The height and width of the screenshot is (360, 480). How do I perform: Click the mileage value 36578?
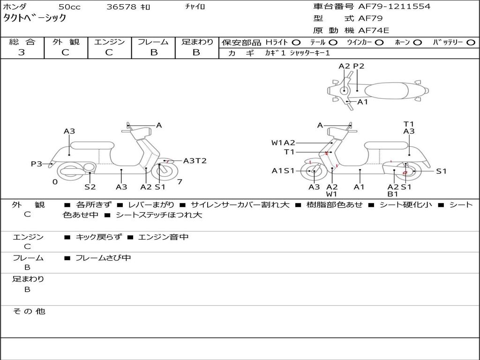(121, 7)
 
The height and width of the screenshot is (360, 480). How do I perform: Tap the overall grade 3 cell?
(22, 52)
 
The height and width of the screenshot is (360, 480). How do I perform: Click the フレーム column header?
(153, 42)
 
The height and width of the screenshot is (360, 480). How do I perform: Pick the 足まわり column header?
(197, 42)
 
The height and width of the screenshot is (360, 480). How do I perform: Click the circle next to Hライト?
(296, 42)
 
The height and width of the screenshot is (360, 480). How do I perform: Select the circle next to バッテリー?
(471, 42)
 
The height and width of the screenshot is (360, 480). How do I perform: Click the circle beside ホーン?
(417, 42)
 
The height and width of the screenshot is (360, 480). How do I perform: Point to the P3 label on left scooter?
(37, 164)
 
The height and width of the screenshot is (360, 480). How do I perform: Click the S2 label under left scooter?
(90, 187)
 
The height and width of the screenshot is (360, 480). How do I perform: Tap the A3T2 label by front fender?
(195, 161)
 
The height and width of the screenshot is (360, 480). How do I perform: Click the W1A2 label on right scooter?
(283, 142)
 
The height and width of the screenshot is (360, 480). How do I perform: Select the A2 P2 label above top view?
(351, 66)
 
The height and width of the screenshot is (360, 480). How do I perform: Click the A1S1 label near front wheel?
(283, 171)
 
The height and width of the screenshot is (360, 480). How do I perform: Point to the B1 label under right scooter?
(393, 194)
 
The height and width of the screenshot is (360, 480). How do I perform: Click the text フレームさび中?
(103, 258)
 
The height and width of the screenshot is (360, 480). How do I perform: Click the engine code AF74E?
(373, 30)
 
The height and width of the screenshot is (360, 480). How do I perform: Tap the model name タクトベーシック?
(35, 18)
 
